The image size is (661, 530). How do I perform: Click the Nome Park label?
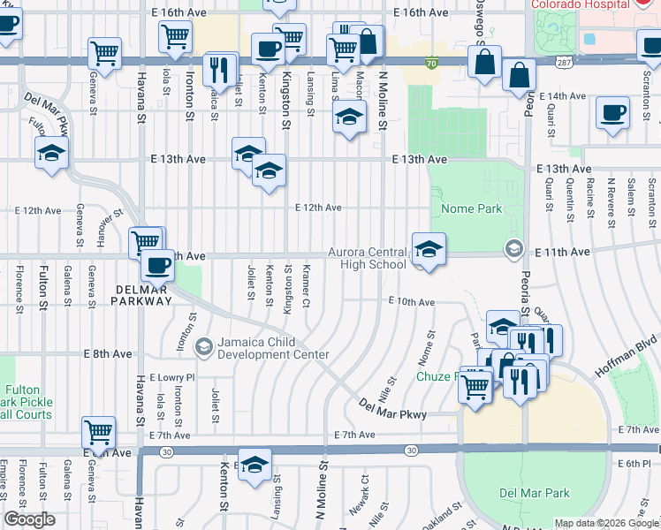tap(466, 209)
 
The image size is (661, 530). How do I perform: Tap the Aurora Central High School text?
tap(367, 258)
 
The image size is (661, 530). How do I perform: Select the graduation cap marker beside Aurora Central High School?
tap(429, 250)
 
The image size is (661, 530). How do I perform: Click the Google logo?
tap(29, 519)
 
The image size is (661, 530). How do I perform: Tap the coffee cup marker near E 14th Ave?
tap(613, 113)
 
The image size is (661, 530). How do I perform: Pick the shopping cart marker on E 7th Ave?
tap(98, 432)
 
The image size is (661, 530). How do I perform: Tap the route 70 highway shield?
tap(430, 64)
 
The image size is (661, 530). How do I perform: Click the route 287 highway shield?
tap(563, 64)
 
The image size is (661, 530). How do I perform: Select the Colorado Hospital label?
tap(578, 4)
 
